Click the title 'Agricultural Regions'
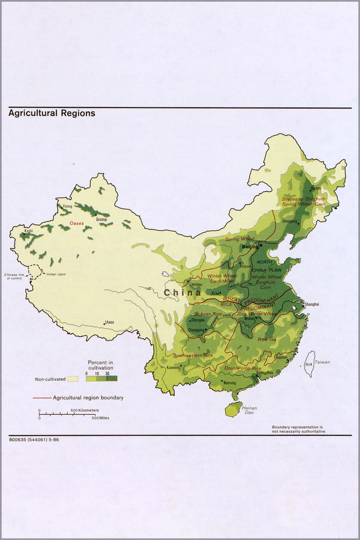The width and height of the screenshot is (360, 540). tap(52, 113)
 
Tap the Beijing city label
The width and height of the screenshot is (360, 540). tap(250, 247)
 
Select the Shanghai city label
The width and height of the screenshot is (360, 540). tap(311, 305)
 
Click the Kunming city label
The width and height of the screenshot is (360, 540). tap(173, 368)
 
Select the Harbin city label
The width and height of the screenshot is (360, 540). tap(316, 188)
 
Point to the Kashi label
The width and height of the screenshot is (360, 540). tap(28, 231)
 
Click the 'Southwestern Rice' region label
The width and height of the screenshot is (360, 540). tap(193, 356)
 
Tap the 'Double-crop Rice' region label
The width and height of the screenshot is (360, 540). tap(242, 368)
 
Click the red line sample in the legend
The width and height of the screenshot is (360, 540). tap(42, 398)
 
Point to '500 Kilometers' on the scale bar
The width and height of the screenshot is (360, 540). tap(85, 411)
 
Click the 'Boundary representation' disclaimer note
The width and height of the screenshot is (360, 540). tap(299, 429)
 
